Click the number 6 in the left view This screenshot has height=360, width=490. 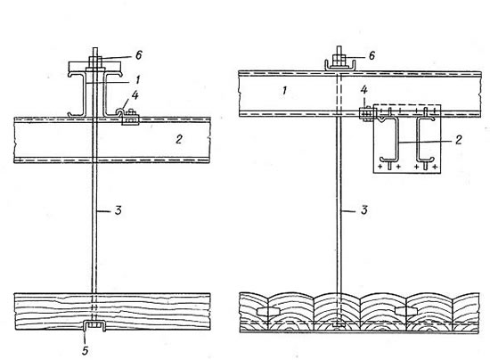tap(139, 55)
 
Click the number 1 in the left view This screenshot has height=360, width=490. tap(137, 79)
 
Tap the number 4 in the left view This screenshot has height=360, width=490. tap(135, 94)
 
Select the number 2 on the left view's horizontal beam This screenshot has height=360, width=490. tap(178, 139)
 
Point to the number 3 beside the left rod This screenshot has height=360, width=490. tap(118, 210)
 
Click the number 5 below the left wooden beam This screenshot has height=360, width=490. tap(85, 350)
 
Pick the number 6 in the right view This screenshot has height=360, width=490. tap(372, 55)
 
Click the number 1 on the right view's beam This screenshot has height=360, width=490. tap(284, 91)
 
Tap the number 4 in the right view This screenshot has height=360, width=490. tap(364, 90)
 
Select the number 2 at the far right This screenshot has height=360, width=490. tap(459, 139)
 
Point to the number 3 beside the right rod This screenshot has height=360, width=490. tap(364, 210)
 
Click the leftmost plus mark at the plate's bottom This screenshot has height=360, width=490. tap(380, 167)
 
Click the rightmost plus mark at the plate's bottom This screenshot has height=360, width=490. tap(435, 167)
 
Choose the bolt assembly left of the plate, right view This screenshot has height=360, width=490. tap(365, 113)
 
